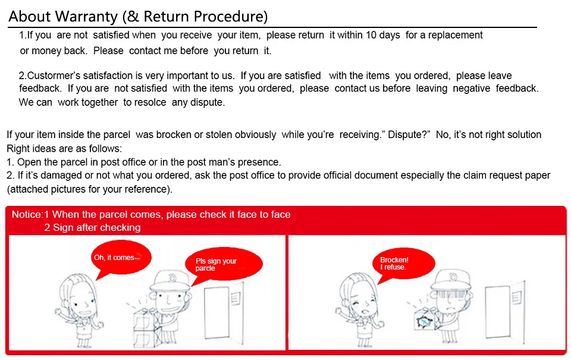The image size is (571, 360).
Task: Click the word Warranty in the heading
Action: pos(87,17)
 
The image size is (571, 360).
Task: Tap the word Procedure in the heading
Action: pos(231,17)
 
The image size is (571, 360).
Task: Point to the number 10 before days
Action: pos(371,35)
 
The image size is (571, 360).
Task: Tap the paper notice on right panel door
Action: pos(516,298)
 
